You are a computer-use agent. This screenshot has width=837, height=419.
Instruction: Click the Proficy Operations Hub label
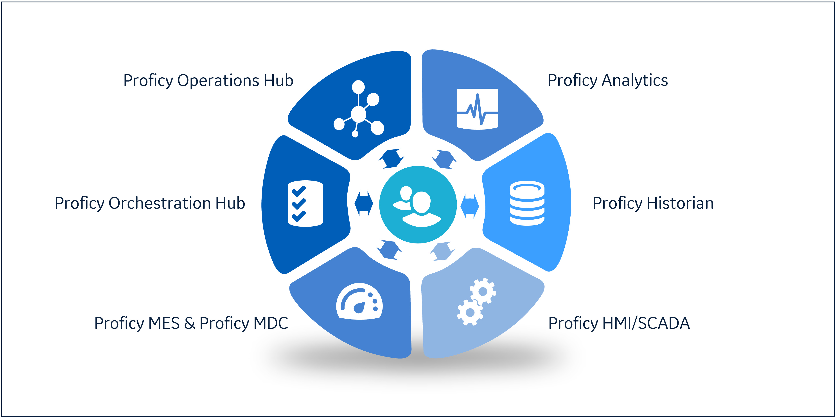(208, 80)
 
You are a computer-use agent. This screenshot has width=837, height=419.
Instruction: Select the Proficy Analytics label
(608, 80)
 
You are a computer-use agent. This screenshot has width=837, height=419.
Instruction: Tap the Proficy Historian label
(653, 204)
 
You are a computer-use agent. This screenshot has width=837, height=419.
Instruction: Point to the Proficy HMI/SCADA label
(619, 323)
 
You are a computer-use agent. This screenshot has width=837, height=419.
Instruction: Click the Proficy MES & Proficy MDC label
(191, 323)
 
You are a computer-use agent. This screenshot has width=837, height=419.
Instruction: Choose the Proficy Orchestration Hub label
(150, 204)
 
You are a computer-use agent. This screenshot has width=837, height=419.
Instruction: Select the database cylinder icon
(527, 203)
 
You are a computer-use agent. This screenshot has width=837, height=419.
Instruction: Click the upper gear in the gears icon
(483, 291)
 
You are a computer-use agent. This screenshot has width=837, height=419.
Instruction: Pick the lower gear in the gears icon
(470, 312)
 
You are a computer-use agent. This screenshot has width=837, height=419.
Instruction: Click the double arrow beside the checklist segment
(364, 204)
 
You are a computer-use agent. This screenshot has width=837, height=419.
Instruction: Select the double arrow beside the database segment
(469, 206)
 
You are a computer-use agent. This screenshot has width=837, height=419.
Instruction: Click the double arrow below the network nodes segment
(391, 159)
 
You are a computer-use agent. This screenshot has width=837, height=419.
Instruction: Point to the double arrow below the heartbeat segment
(444, 159)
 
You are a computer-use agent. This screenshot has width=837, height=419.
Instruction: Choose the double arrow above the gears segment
(442, 251)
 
